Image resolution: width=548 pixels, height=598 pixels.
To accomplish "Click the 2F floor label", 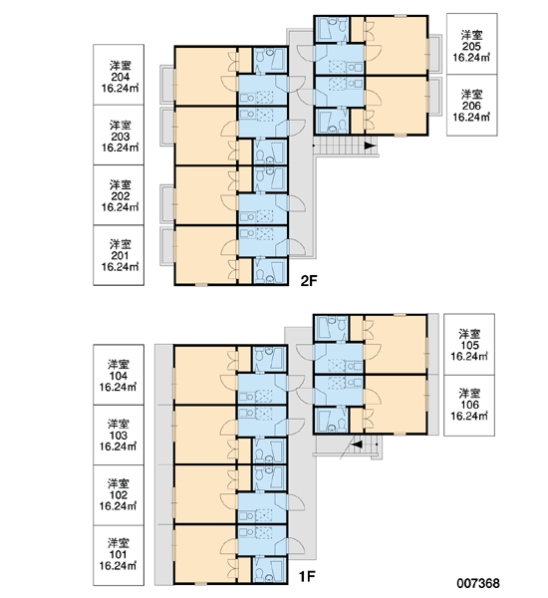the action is (x=309, y=281).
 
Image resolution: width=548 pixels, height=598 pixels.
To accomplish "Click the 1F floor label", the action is (x=307, y=577).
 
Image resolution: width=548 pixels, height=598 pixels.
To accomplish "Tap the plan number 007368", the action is (x=478, y=583).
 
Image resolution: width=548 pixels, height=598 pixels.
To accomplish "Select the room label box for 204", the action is (x=119, y=75).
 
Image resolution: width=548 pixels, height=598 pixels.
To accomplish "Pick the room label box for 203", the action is (x=119, y=135).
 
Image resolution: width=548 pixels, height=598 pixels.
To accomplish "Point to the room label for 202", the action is (x=119, y=195).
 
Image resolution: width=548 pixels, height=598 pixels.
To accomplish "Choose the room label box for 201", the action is (x=119, y=255).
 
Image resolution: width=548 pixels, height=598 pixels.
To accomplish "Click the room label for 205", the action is (x=472, y=44).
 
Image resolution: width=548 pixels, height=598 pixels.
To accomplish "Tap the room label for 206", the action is (x=472, y=105).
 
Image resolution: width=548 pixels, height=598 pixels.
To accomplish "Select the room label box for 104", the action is (x=119, y=375).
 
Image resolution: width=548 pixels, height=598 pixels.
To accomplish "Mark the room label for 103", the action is (x=119, y=435).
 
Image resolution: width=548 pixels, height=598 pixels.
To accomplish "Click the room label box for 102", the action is (x=119, y=495).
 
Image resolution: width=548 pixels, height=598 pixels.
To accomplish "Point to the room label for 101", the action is (x=119, y=555).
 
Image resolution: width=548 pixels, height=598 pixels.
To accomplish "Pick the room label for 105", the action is (x=469, y=345).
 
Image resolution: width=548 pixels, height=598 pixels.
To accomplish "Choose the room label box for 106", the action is (x=469, y=406).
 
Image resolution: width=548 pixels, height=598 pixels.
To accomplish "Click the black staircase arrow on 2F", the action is (x=370, y=146).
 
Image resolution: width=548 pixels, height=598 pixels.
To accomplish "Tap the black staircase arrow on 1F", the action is (x=357, y=445).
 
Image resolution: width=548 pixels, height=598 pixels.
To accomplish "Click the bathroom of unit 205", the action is (x=331, y=29).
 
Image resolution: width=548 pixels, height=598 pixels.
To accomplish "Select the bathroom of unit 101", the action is (x=270, y=570).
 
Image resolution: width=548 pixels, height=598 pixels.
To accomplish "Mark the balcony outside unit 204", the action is (x=166, y=84).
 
